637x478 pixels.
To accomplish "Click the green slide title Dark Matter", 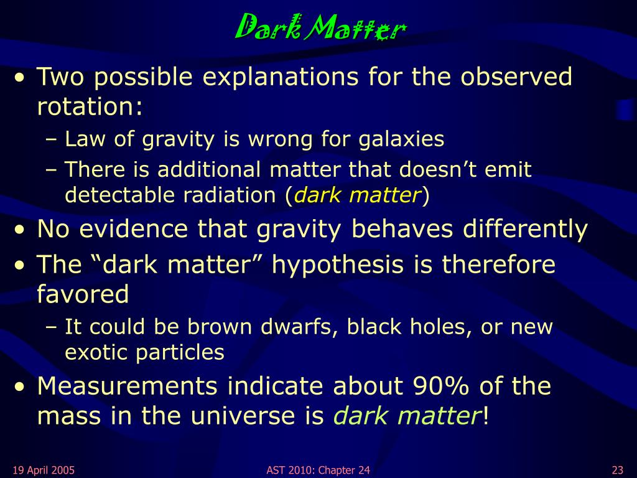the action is tap(321, 27).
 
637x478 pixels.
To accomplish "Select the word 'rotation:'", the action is tap(90, 106).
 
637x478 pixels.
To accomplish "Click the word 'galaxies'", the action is tap(401, 139).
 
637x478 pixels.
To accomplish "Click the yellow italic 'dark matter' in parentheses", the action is tap(356, 195).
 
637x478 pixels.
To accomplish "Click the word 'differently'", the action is tap(525, 229).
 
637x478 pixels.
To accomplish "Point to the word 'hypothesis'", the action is tap(338, 265).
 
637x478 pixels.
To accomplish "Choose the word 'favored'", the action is tap(83, 294).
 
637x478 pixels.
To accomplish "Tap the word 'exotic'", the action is tap(96, 352).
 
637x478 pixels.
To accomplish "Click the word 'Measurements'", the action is tap(127, 386).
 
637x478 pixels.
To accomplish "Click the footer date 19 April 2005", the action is tap(44, 471).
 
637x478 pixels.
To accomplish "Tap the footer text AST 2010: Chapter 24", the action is tap(318, 471).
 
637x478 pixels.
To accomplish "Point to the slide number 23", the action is tap(618, 471).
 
